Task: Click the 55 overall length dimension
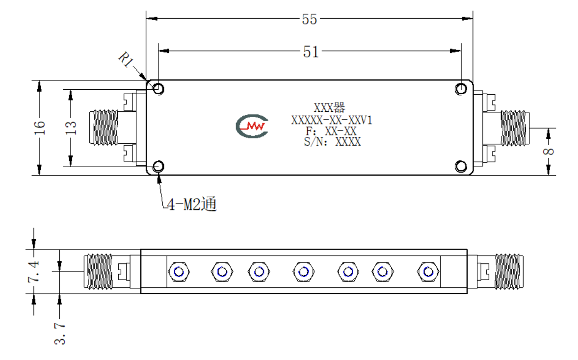click(309, 19)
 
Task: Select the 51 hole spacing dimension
click(311, 51)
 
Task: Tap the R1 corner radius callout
click(126, 59)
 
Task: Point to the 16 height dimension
click(39, 127)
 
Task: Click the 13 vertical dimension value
click(71, 128)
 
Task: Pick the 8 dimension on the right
click(549, 151)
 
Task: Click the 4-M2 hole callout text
click(192, 204)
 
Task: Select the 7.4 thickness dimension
click(33, 272)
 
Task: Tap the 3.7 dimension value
click(60, 334)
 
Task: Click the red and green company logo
click(252, 126)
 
